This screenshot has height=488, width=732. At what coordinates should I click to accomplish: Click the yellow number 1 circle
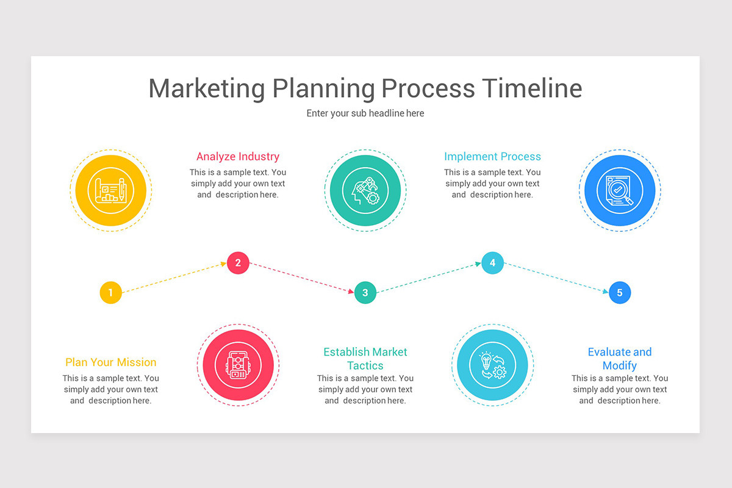pyautogui.click(x=110, y=293)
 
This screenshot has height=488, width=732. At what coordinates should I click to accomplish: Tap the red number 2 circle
pyautogui.click(x=238, y=263)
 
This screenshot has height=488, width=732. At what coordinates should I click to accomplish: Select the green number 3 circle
pyautogui.click(x=365, y=293)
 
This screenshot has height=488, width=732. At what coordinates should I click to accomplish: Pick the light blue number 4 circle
pyautogui.click(x=492, y=263)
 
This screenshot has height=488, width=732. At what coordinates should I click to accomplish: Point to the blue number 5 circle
pyautogui.click(x=619, y=293)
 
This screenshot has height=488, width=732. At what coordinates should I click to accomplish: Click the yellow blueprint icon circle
pyautogui.click(x=110, y=190)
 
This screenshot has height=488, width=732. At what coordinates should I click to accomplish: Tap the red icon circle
pyautogui.click(x=238, y=365)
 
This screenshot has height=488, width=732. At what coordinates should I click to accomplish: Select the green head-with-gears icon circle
pyautogui.click(x=365, y=190)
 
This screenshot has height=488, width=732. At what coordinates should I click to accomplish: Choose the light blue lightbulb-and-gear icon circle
pyautogui.click(x=492, y=365)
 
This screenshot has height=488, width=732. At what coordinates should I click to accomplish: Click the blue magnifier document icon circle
pyautogui.click(x=619, y=190)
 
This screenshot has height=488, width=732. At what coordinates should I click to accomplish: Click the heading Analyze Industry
pyautogui.click(x=238, y=157)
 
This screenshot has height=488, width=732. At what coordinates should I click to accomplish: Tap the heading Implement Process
pyautogui.click(x=492, y=157)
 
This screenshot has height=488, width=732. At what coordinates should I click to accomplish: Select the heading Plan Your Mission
pyautogui.click(x=110, y=362)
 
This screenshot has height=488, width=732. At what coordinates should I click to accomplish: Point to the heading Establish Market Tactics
pyautogui.click(x=365, y=359)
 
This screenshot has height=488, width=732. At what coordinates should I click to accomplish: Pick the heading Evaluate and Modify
pyautogui.click(x=619, y=359)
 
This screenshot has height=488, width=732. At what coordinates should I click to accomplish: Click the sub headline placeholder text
pyautogui.click(x=365, y=113)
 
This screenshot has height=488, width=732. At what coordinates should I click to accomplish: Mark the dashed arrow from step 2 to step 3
pyautogui.click(x=302, y=278)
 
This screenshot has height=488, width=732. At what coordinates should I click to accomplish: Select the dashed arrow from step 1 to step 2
pyautogui.click(x=174, y=278)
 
